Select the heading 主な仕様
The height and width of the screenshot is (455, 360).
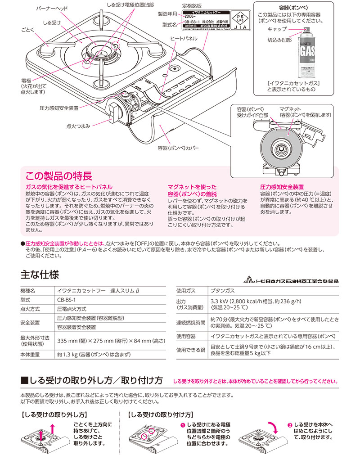[x=40, y=274]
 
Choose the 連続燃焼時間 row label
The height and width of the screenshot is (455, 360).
[x=190, y=323]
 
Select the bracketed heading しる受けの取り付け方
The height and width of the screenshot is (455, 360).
[x=161, y=414]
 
